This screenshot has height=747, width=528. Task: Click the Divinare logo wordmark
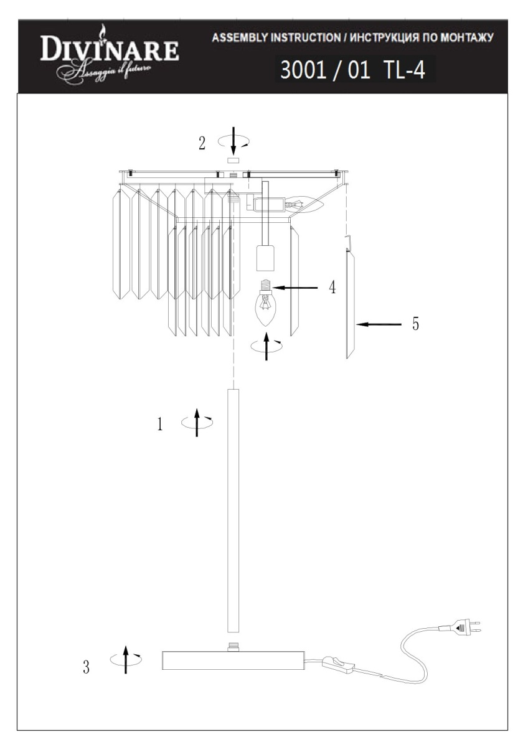(x=110, y=50)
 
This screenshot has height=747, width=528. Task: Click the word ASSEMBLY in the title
(x=240, y=38)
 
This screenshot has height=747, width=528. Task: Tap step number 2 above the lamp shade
(x=202, y=144)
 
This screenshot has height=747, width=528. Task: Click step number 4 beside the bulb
(x=332, y=287)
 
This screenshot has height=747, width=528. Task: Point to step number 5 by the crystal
(x=415, y=324)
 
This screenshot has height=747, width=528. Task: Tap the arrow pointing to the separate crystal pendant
(x=379, y=324)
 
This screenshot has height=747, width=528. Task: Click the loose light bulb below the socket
(x=265, y=303)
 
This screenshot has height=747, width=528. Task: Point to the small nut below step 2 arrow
(x=233, y=161)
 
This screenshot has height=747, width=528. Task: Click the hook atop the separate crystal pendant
(x=349, y=242)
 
